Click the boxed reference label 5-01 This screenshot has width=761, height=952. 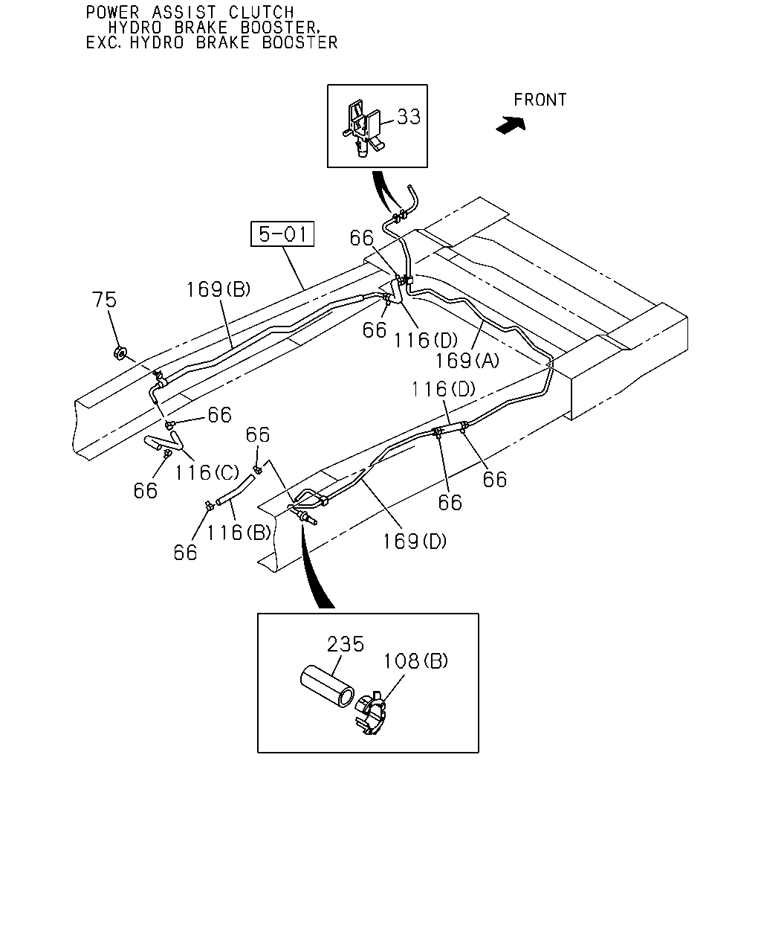tap(282, 234)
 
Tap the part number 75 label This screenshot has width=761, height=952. tap(104, 300)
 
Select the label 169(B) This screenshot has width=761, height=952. tap(218, 290)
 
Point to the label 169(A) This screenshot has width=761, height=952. tap(467, 361)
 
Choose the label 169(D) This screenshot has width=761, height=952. tap(415, 541)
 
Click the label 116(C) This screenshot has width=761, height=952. tap(207, 472)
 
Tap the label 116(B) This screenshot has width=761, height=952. tap(239, 533)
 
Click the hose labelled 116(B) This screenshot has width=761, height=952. tap(236, 489)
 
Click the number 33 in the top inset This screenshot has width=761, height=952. tap(409, 117)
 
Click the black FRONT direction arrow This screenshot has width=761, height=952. tap(511, 125)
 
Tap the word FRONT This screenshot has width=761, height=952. tap(540, 100)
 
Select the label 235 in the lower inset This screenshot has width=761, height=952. tap(346, 643)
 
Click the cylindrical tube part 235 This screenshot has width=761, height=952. tap(327, 687)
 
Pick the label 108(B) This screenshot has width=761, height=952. tap(415, 661)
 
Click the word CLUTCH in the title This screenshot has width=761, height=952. tap(262, 12)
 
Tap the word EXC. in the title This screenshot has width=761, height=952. tap(103, 42)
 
